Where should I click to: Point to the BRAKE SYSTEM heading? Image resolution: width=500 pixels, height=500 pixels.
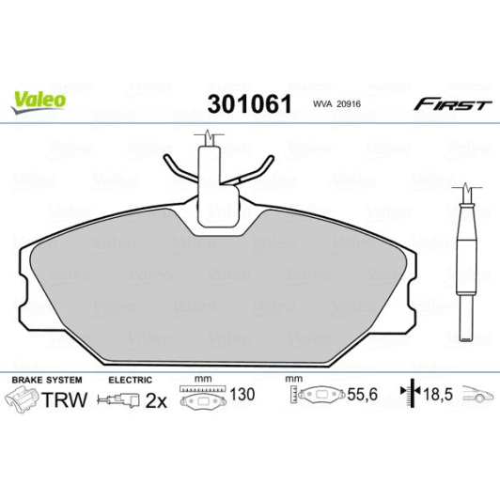45,380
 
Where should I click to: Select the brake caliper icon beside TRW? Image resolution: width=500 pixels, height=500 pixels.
26,401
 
